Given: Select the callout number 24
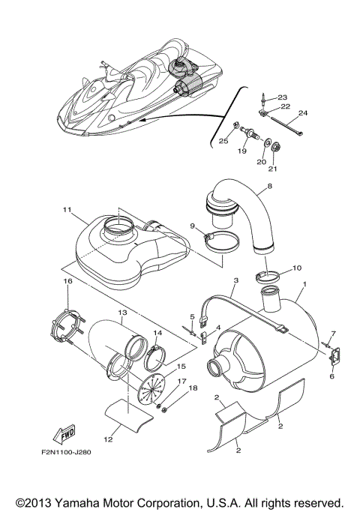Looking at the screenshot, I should pos(303,113).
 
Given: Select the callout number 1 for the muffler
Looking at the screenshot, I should pos(304,286).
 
